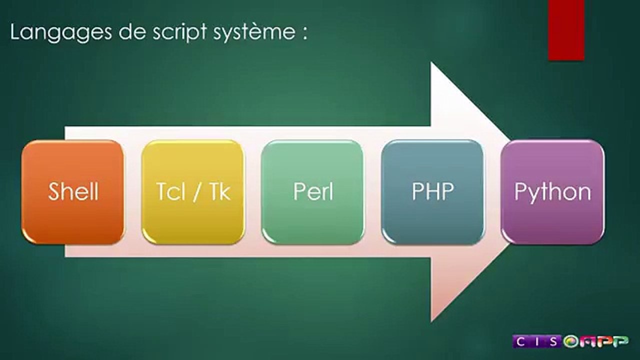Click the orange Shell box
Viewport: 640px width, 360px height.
point(73,192)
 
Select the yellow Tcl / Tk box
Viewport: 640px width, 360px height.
point(193,192)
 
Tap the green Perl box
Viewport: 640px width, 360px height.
point(313,192)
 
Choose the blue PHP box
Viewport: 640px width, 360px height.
point(432,192)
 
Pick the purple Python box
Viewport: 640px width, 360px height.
point(552,192)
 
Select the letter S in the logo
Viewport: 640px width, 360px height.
point(555,341)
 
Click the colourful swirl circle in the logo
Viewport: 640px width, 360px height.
point(570,341)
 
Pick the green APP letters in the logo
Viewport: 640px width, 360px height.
point(602,341)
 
